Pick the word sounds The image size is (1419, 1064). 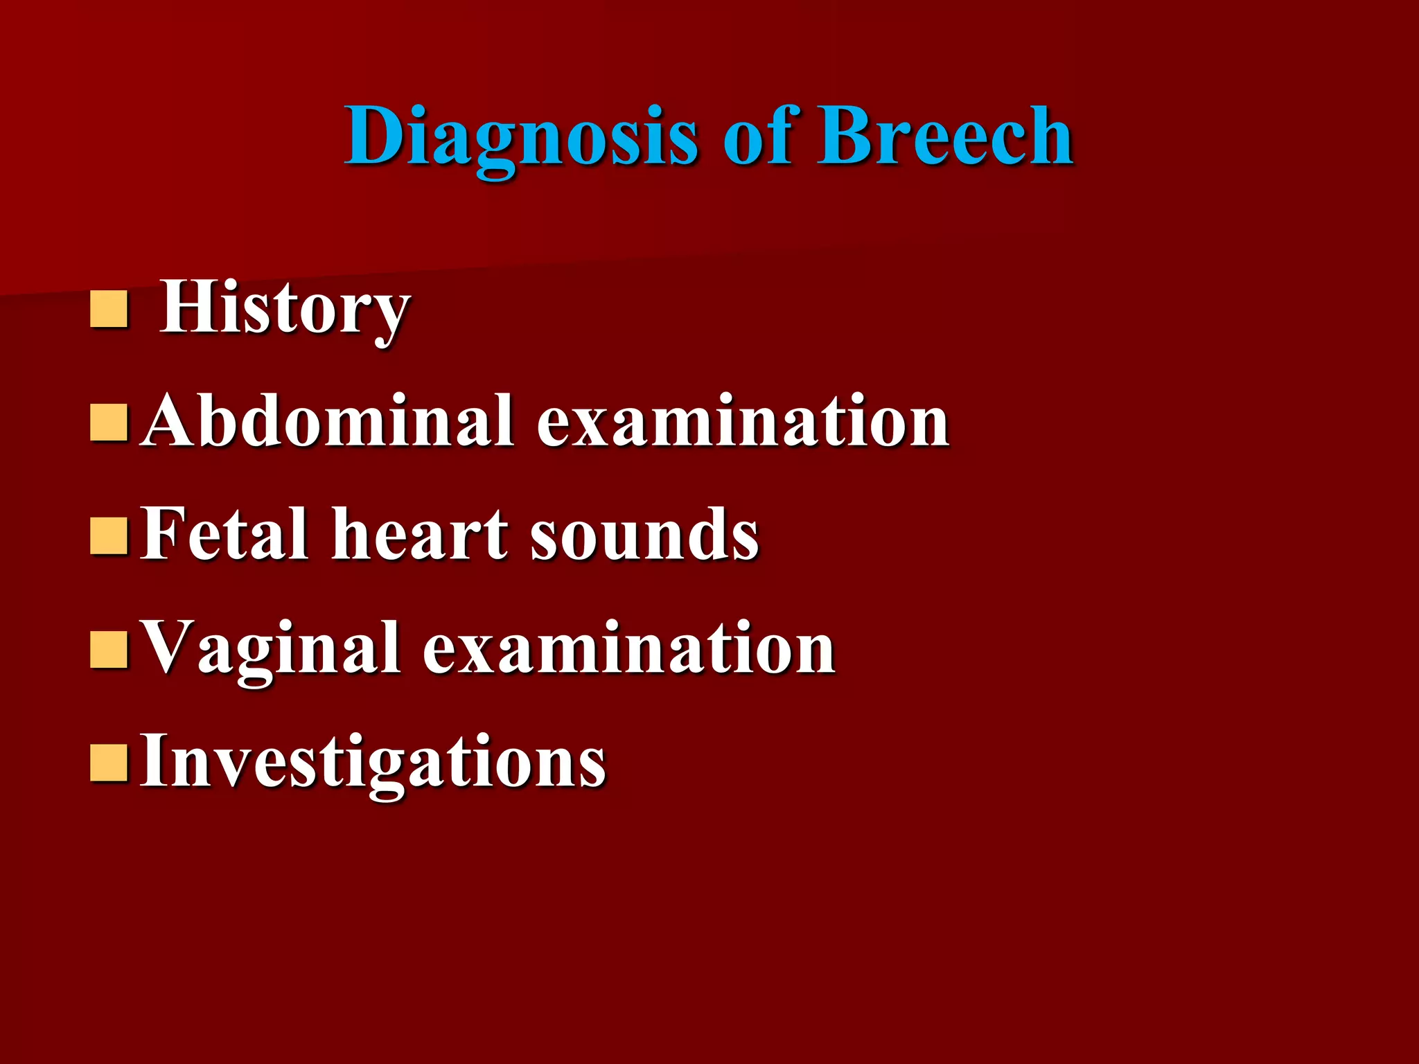(x=644, y=535)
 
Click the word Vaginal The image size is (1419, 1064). (x=270, y=650)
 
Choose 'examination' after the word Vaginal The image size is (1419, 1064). (x=628, y=648)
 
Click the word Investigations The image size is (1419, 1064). (x=373, y=762)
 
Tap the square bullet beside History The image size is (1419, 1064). (x=109, y=309)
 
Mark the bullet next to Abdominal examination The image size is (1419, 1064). (x=109, y=423)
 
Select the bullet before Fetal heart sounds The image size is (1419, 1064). (x=109, y=536)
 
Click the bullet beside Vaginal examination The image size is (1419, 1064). (x=109, y=649)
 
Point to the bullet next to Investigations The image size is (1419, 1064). (x=109, y=763)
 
